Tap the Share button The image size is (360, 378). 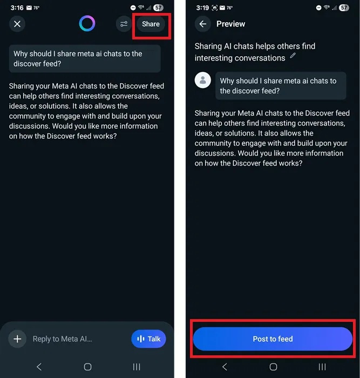[x=151, y=24]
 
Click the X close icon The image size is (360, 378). [x=17, y=24]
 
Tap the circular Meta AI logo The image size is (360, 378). [x=87, y=23]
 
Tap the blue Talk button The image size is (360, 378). [x=148, y=339]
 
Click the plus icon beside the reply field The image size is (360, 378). [x=17, y=339]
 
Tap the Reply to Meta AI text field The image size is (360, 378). [x=63, y=339]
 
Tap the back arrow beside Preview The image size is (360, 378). [x=203, y=24]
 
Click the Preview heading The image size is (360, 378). [x=230, y=24]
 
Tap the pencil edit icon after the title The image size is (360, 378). [x=293, y=55]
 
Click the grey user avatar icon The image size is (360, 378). [x=203, y=80]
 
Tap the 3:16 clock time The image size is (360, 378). [x=17, y=8]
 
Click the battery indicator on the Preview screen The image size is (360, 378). [x=344, y=8]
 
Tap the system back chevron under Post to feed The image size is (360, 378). [x=225, y=367]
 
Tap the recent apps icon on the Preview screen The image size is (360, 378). [x=322, y=367]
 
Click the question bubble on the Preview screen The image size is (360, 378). [x=281, y=86]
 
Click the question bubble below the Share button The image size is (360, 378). [x=85, y=58]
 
